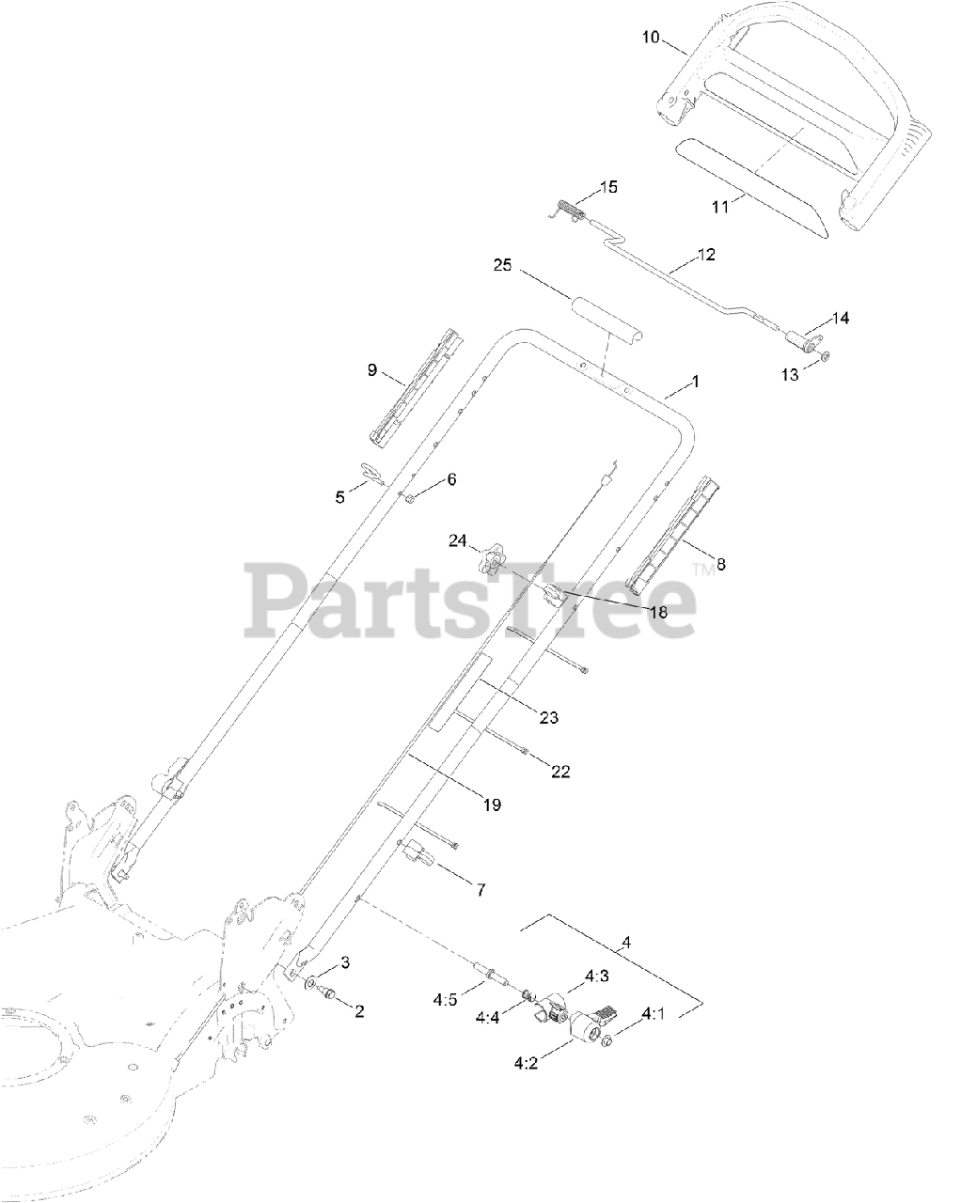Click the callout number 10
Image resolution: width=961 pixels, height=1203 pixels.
651,38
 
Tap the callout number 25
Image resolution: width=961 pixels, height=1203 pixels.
501,266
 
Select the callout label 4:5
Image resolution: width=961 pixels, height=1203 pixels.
445,1000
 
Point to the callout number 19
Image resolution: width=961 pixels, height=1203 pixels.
491,805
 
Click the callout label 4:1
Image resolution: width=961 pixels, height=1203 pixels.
654,1014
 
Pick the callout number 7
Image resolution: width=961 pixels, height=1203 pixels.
480,888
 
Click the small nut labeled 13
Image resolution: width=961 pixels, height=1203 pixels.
823,357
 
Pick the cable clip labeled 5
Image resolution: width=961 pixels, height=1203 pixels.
371,473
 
